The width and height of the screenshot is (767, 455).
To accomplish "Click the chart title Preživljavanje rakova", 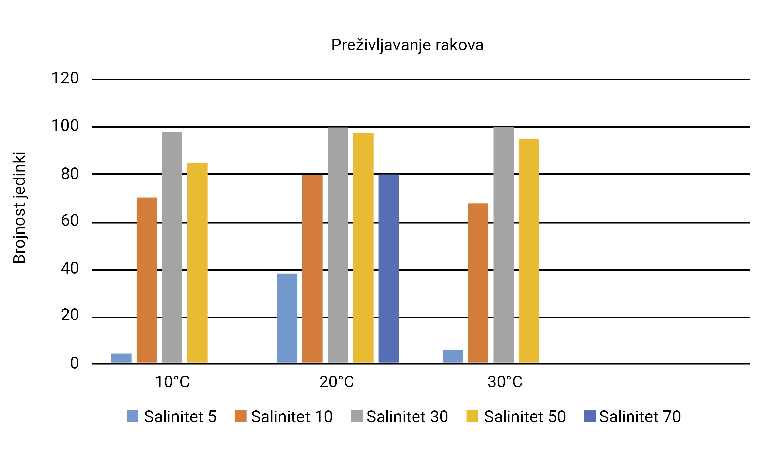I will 407,45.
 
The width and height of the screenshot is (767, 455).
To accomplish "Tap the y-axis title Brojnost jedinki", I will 19,207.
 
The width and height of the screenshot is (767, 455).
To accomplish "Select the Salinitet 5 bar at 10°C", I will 121,358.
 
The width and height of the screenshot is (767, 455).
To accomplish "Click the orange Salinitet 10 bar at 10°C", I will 147,280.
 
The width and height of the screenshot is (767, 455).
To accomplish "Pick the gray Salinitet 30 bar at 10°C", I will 172,247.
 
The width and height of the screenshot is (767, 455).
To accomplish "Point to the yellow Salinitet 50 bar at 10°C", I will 198,262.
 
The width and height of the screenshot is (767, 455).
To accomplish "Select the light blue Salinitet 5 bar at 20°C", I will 287,318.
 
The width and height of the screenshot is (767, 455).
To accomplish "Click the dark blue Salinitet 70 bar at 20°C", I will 388,269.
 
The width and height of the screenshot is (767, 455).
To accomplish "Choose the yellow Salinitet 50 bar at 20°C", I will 363,248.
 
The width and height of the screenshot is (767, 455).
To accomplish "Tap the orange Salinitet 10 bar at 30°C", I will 478,283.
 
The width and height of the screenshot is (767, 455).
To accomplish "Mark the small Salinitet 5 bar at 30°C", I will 453,356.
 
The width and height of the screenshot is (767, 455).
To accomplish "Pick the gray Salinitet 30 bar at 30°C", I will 504,245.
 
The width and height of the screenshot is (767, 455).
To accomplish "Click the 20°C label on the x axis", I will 337,382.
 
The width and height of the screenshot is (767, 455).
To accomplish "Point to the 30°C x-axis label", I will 505,382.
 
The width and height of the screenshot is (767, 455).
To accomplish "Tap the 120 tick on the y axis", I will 65,78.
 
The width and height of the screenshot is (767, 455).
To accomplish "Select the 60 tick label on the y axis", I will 70,221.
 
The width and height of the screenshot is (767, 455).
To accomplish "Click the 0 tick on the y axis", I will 75,363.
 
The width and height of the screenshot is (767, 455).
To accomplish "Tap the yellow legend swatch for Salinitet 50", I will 472,416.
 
